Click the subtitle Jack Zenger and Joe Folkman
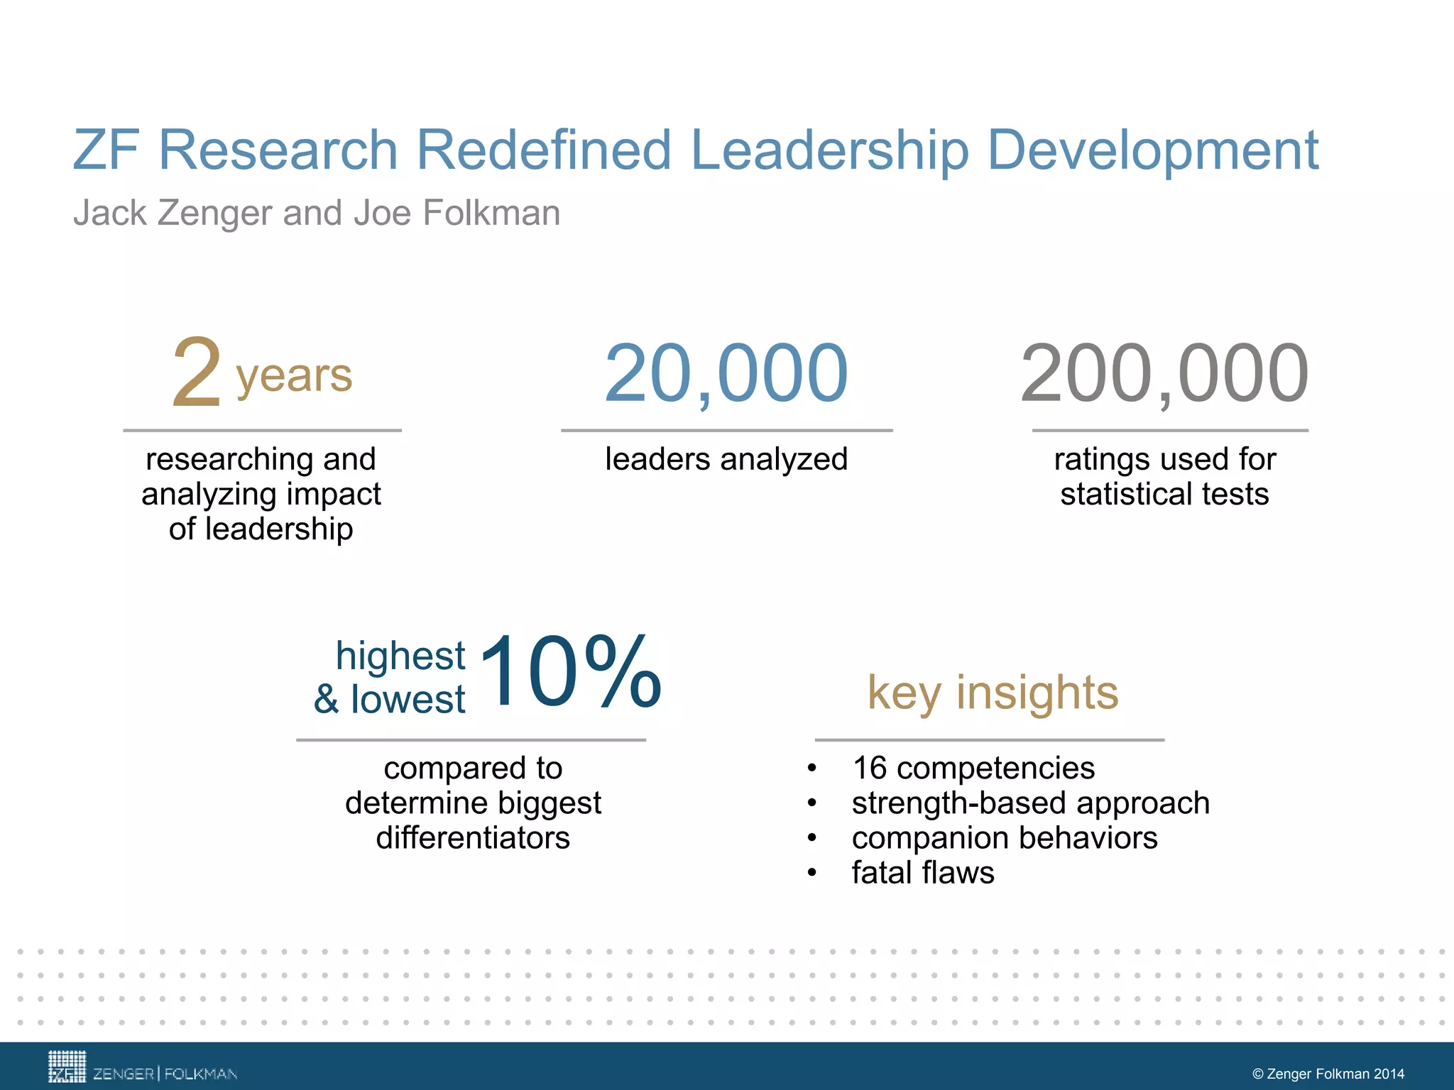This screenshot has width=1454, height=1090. (317, 213)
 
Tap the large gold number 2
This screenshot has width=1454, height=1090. (197, 373)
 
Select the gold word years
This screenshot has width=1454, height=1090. (294, 376)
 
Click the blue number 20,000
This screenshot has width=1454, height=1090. (726, 373)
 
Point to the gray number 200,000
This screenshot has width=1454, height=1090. (1164, 373)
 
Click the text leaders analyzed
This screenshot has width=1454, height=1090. (726, 459)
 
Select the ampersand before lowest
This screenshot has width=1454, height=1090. (327, 699)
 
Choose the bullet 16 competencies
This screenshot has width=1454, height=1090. (973, 768)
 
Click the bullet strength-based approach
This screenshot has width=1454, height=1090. (1030, 803)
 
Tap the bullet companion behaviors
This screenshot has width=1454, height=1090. (1005, 838)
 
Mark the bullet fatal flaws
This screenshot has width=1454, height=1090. (923, 873)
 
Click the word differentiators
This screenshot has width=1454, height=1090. (473, 838)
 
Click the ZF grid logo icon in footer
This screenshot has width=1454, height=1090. (67, 1067)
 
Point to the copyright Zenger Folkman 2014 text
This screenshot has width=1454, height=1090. (1328, 1074)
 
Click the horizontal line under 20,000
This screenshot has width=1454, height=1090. (726, 430)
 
